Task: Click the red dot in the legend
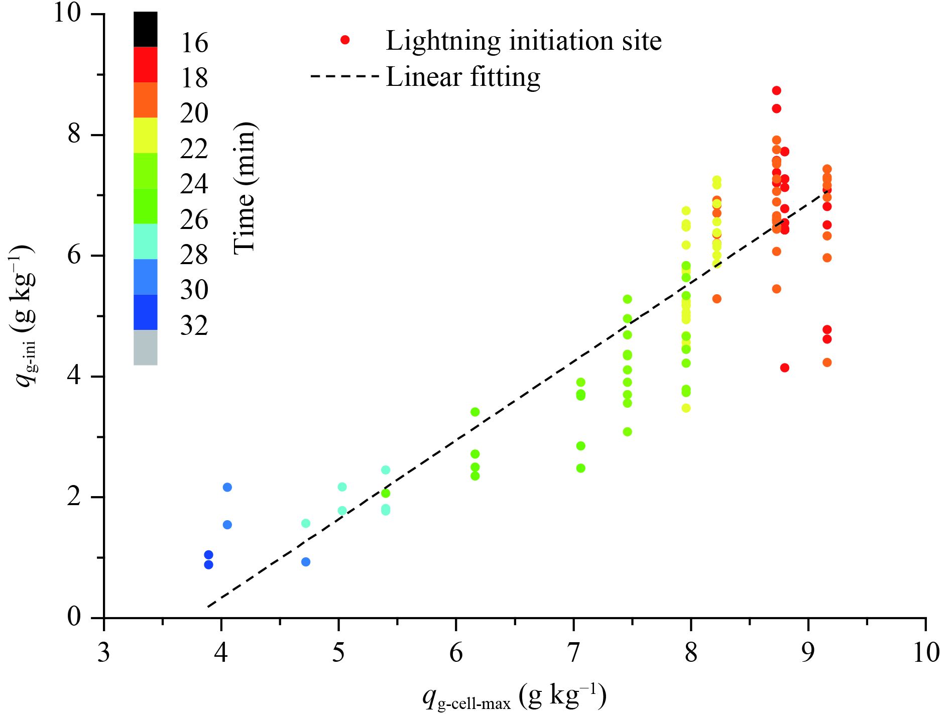tap(344, 40)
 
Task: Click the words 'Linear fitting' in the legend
tap(462, 77)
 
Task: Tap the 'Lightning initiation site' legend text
tap(523, 41)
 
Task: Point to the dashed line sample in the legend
tap(344, 77)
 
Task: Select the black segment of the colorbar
tap(145, 30)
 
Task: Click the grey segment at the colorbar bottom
tap(145, 347)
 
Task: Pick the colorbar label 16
tap(194, 43)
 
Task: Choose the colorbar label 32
tap(194, 326)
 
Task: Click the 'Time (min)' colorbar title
tap(245, 188)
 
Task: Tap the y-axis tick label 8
tap(74, 134)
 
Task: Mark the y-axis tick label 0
tap(74, 617)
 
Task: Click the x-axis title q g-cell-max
tap(514, 697)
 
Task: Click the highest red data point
tap(776, 90)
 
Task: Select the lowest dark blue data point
tap(208, 565)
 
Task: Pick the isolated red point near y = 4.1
tap(784, 368)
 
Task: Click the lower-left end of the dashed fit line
tap(208, 607)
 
